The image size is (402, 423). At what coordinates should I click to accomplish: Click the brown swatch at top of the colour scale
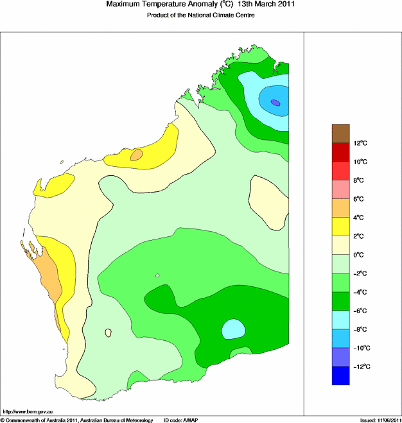pos(340,133)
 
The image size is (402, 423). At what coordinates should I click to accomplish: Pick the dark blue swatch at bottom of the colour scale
pos(340,376)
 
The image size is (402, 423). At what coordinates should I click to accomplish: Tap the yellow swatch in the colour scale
pos(340,226)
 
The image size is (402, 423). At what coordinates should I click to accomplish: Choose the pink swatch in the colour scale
pos(340,189)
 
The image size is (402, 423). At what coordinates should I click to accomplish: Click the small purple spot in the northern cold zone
pos(275,103)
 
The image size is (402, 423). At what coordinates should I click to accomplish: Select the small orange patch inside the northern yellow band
pos(136,155)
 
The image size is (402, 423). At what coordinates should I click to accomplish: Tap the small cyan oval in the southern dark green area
pos(233,329)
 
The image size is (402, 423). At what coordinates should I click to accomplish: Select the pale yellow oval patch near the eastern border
pos(268,203)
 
